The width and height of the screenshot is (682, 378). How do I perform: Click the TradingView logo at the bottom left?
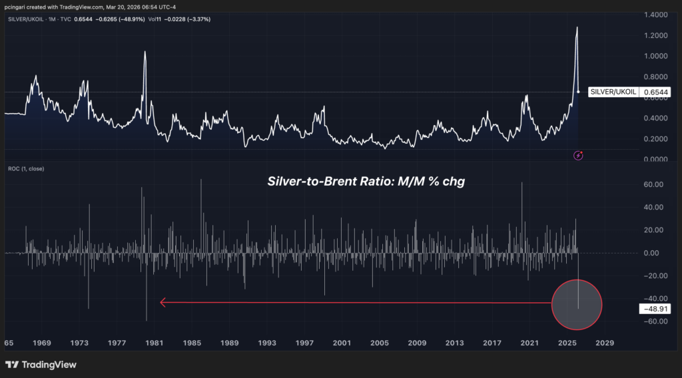point(41,365)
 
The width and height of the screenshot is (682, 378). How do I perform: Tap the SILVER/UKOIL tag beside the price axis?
point(613,94)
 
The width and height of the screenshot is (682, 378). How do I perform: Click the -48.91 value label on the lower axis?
point(655,309)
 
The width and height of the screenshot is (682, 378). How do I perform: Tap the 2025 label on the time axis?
point(567,343)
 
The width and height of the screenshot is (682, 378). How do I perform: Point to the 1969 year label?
point(41,343)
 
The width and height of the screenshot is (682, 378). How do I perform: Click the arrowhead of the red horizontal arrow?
point(163,303)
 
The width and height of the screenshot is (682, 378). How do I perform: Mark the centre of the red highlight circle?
point(577,305)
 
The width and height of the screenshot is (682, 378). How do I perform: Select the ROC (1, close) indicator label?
point(27,168)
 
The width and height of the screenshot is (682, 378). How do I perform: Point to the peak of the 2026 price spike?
point(577,27)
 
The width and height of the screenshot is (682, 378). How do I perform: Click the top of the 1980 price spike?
point(144,51)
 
